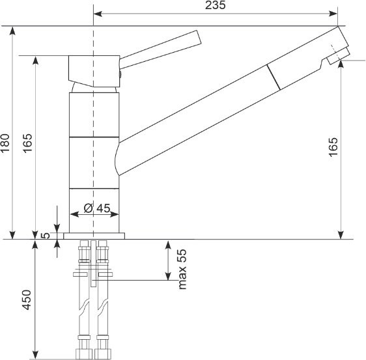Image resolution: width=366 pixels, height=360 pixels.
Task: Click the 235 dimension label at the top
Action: point(215,5)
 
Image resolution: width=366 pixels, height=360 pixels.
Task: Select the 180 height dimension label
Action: point(5,143)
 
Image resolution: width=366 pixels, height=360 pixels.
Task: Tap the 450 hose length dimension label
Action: point(27,300)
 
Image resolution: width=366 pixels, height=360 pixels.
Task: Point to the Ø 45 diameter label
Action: point(96,208)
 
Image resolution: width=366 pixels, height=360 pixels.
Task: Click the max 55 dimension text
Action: point(182,270)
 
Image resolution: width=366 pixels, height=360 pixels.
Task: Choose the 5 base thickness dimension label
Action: point(46,236)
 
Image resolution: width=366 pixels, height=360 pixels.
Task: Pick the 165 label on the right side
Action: point(333,147)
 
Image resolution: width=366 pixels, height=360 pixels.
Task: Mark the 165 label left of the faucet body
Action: point(27,143)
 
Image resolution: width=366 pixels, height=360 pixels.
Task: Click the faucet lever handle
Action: point(160,49)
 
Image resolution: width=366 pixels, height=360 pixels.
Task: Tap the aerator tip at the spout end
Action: point(339,56)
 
